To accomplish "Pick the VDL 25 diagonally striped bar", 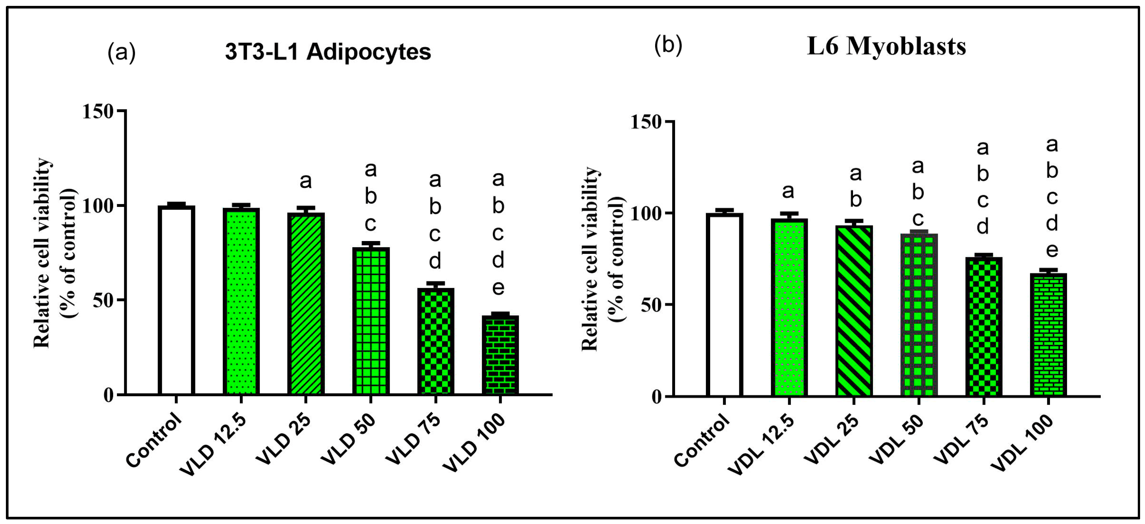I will tap(854, 311).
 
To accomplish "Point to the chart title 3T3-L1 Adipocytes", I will tap(328, 52).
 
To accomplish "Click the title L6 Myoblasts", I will tap(886, 47).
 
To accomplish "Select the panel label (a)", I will tap(121, 53).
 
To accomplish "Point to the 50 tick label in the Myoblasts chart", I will tap(651, 306).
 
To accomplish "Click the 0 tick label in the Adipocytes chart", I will tap(108, 395).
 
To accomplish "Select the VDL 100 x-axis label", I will tap(1023, 444).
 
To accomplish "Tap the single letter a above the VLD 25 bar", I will tap(305, 181).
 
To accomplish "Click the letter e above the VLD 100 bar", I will tap(498, 288).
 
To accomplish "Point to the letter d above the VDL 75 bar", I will tap(982, 227).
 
